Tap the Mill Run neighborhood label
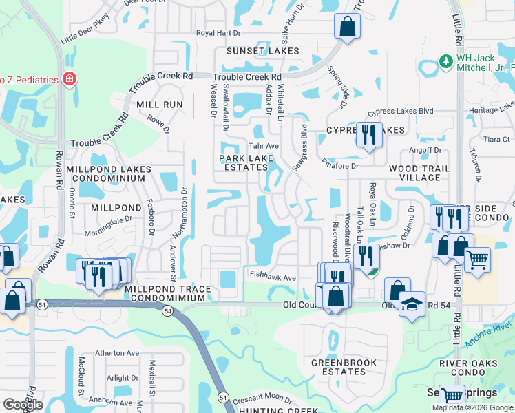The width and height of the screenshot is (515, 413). point(160,104)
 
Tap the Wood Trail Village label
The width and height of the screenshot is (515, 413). point(419,173)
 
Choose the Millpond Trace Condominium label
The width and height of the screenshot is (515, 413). point(165,297)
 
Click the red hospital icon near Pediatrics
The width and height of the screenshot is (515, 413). point(70,79)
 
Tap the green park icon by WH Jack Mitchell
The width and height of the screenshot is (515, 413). point(445,62)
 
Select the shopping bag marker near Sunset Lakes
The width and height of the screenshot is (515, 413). point(348,28)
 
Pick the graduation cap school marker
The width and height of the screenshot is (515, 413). point(412,304)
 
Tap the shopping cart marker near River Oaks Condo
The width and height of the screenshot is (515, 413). point(477,259)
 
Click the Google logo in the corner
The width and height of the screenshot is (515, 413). point(23,405)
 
